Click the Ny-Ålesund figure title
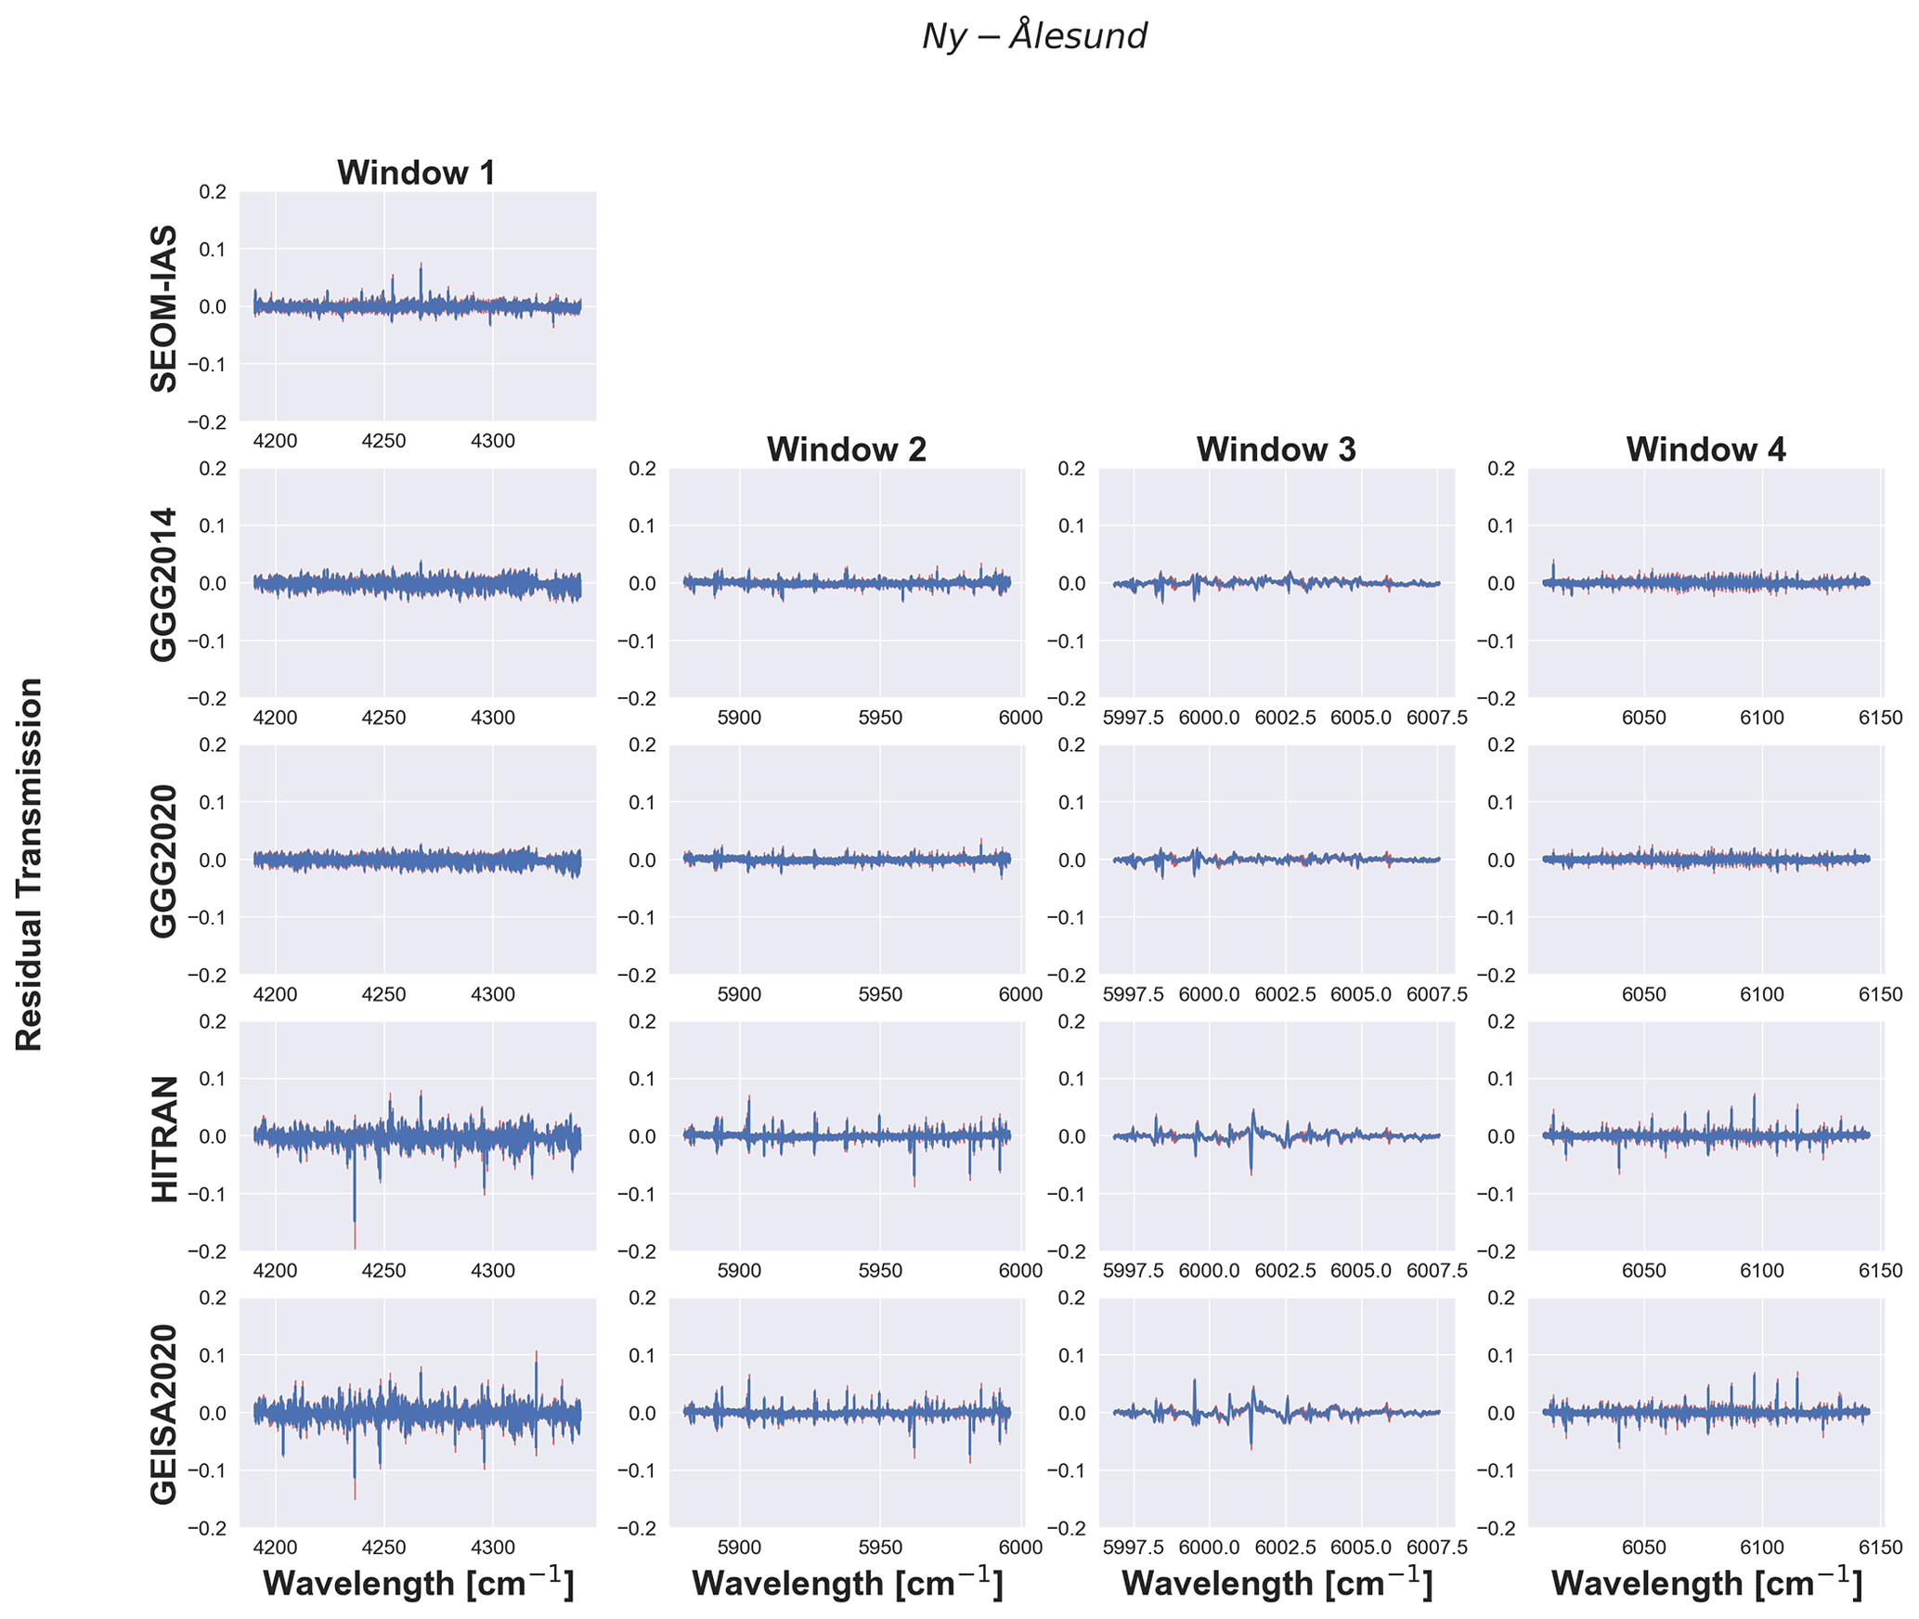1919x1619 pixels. (x=1034, y=36)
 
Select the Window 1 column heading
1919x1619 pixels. (x=416, y=173)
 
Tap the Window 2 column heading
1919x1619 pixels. (x=846, y=449)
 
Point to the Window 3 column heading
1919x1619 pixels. (x=1276, y=449)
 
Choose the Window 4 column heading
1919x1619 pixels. (x=1705, y=449)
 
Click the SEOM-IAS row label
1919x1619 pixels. (x=164, y=308)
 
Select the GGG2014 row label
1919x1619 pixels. (x=164, y=584)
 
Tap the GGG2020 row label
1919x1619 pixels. (x=164, y=861)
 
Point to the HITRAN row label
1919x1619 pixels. (x=164, y=1138)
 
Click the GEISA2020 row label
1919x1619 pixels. (x=164, y=1413)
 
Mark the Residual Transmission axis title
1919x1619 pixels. (x=30, y=863)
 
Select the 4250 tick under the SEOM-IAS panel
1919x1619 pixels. (x=383, y=441)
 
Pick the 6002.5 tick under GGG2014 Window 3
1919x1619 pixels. (x=1286, y=718)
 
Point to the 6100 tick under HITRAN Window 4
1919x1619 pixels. (x=1761, y=1271)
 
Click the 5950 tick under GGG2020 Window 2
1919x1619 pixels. (x=880, y=994)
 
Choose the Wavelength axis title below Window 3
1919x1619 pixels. (x=1277, y=1584)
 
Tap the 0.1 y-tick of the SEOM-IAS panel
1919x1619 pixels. (x=213, y=249)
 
